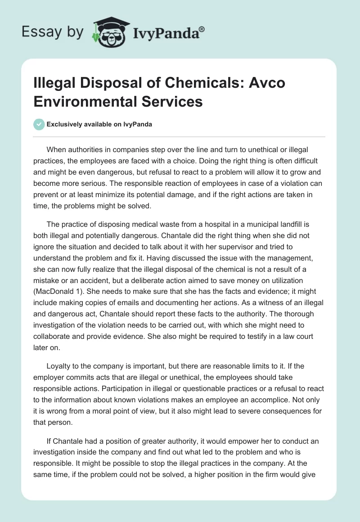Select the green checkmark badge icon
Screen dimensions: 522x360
pos(39,125)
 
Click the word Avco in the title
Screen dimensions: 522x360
pos(267,83)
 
